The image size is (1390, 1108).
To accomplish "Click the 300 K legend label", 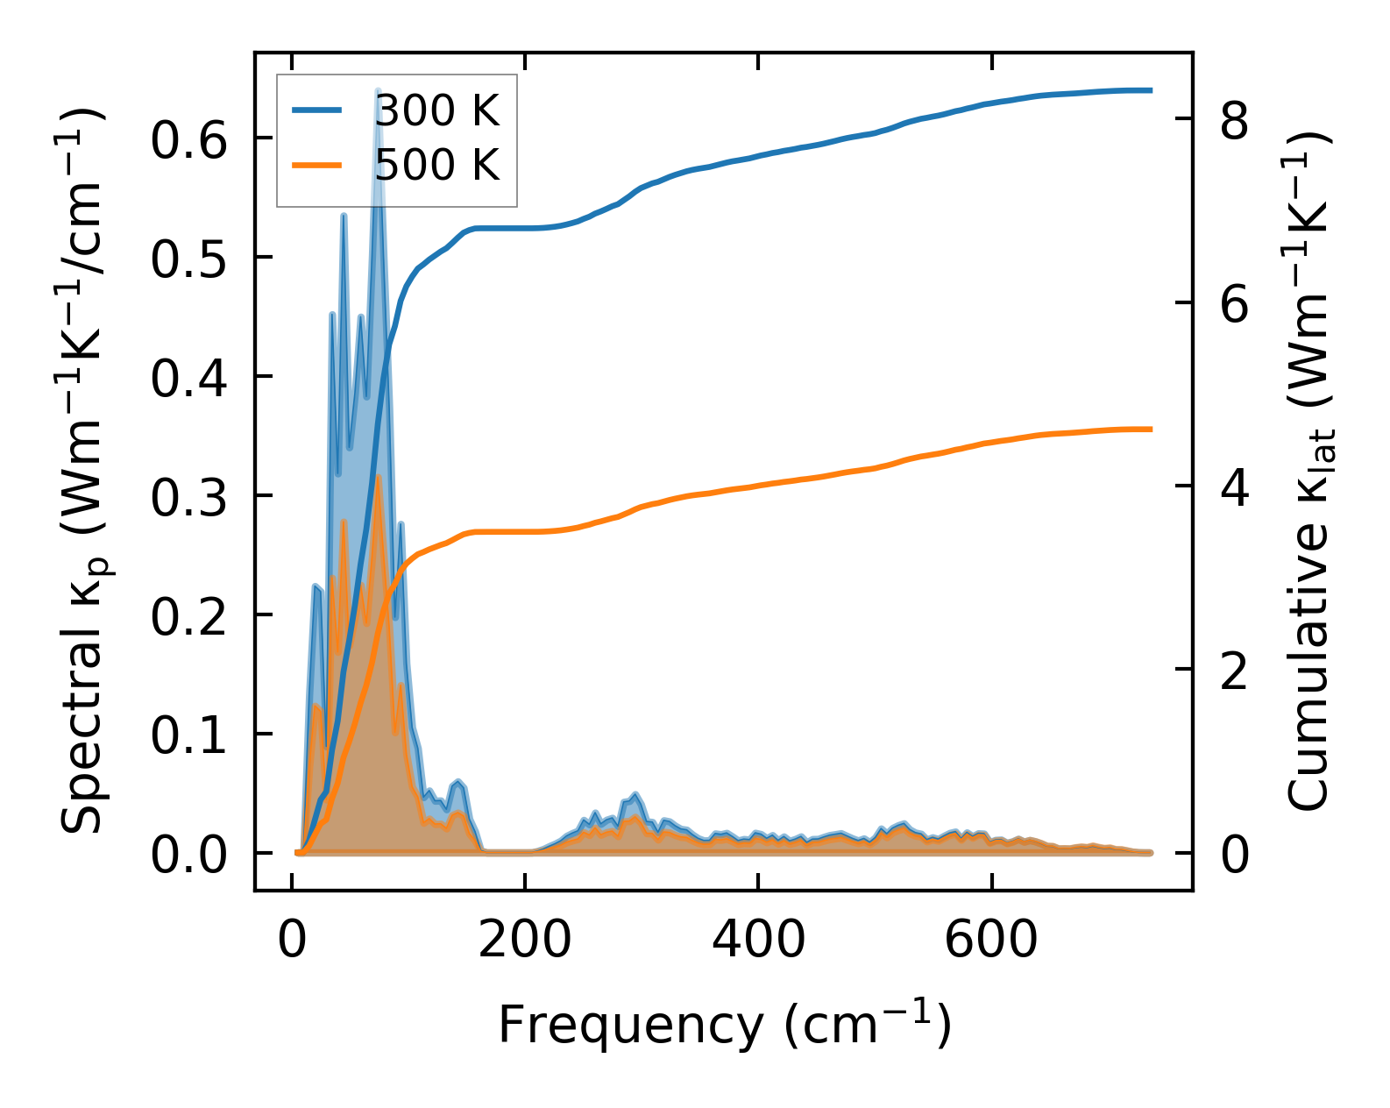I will pyautogui.click(x=437, y=111).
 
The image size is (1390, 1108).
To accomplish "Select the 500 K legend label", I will pyautogui.click(x=437, y=165).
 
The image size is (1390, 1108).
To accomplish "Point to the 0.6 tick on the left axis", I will pyautogui.click(x=190, y=140).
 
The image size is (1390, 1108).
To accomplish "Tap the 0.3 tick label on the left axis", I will pyautogui.click(x=190, y=498).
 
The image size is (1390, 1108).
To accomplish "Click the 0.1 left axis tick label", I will pyautogui.click(x=190, y=736).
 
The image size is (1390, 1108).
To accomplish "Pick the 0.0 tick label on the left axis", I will pyautogui.click(x=190, y=856).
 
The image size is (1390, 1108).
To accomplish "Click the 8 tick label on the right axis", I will pyautogui.click(x=1234, y=121).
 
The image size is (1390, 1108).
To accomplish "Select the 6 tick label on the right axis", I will pyautogui.click(x=1234, y=305).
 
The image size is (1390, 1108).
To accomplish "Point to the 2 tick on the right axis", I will pyautogui.click(x=1234, y=671).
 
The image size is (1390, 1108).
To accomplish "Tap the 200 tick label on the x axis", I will pyautogui.click(x=524, y=941).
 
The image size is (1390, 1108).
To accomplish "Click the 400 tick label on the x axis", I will pyautogui.click(x=757, y=941).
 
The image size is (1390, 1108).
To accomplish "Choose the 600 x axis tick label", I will pyautogui.click(x=990, y=941).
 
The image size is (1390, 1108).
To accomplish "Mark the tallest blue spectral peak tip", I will pyautogui.click(x=378, y=89).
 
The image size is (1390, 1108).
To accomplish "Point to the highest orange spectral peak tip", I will pyautogui.click(x=378, y=478).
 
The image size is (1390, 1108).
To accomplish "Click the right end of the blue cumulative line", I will pyautogui.click(x=1151, y=90).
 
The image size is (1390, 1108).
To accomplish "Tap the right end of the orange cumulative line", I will pyautogui.click(x=1151, y=429).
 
